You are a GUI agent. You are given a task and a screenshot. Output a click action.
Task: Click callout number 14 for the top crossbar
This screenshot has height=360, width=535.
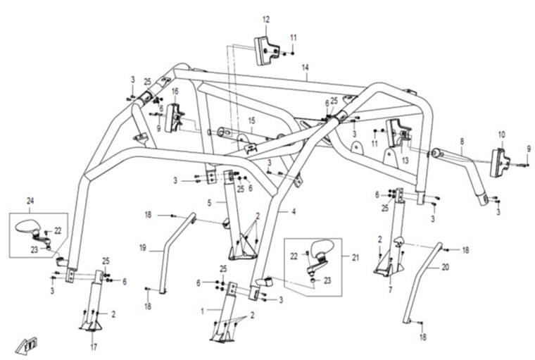tap(306, 68)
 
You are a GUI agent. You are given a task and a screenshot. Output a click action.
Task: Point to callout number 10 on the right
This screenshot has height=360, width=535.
tap(502, 134)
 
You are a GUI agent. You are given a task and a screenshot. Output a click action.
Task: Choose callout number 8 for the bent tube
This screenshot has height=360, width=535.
tap(462, 141)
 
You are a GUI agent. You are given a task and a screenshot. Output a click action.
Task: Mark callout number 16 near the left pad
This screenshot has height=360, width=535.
tap(174, 92)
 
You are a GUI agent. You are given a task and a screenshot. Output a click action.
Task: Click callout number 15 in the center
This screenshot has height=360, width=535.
tap(251, 121)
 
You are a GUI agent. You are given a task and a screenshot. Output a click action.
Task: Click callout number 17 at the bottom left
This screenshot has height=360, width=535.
tap(93, 347)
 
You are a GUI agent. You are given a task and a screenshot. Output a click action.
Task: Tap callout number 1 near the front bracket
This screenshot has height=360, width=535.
tap(203, 311)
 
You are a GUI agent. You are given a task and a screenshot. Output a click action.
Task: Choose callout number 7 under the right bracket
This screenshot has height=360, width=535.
tap(389, 290)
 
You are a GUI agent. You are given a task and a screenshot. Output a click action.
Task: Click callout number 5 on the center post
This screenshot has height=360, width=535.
tap(209, 203)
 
